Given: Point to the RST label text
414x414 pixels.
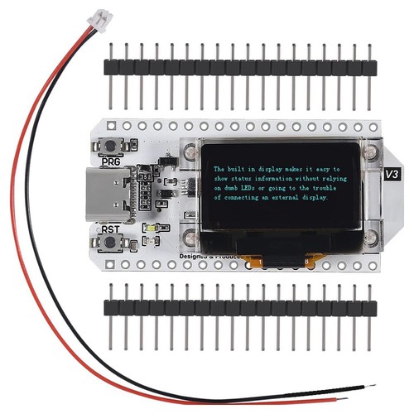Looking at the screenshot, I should [109, 229].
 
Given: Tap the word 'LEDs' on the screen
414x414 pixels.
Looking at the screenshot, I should [259, 189].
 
